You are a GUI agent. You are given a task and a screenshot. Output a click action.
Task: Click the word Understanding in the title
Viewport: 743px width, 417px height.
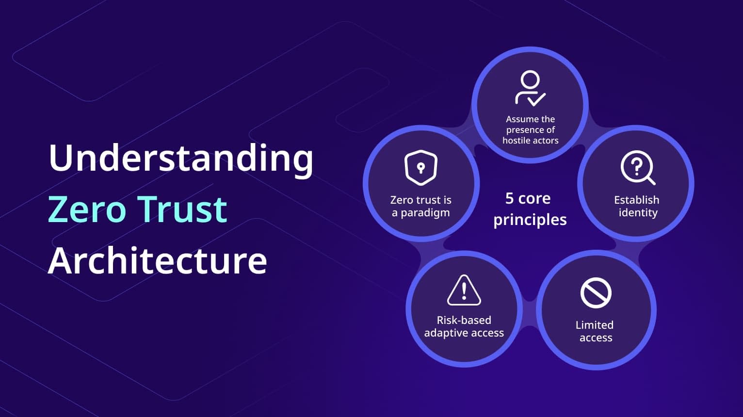click(181, 159)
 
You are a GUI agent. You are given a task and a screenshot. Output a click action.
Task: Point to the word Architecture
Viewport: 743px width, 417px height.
click(157, 260)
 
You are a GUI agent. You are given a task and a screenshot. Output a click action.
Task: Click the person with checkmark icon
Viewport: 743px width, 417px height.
click(530, 89)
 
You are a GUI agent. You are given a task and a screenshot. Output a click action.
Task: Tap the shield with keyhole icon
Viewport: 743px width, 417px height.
click(421, 168)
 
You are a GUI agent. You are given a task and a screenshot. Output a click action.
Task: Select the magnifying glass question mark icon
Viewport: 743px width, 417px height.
click(637, 168)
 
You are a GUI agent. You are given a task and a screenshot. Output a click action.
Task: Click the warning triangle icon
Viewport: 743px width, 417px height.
click(464, 290)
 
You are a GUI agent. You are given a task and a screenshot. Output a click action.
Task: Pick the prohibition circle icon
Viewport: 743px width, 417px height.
click(596, 293)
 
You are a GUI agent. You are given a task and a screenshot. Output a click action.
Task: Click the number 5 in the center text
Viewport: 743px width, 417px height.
click(509, 198)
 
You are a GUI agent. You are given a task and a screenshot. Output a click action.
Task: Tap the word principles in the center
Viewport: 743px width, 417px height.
click(530, 220)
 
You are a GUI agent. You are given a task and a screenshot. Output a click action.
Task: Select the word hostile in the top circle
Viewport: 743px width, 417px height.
click(517, 141)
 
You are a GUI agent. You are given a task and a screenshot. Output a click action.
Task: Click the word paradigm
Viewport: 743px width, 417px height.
click(425, 213)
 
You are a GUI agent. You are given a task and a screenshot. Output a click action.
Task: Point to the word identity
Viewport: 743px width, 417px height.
click(638, 213)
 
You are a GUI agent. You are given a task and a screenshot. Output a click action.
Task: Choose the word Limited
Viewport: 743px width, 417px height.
click(595, 325)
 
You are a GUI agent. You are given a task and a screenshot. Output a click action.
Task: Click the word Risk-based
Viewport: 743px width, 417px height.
click(464, 320)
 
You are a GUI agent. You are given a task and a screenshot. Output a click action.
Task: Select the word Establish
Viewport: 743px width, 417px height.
click(636, 200)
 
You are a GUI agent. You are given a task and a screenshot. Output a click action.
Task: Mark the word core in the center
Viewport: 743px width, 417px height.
click(534, 198)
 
